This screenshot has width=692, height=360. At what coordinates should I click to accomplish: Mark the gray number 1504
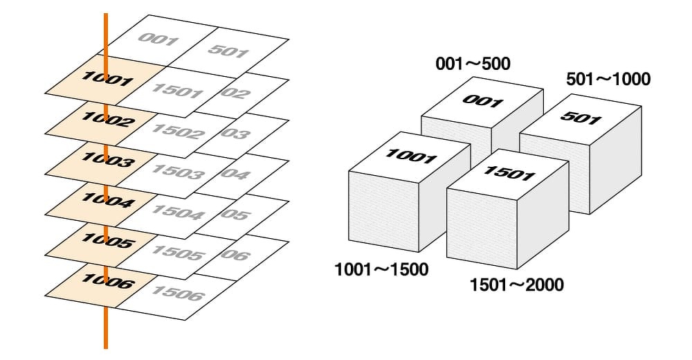point(176,212)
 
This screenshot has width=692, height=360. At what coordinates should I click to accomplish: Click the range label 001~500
point(473,64)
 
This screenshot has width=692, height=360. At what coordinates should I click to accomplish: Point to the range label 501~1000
point(608,79)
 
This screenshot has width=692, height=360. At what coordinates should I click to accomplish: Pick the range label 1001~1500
point(381,269)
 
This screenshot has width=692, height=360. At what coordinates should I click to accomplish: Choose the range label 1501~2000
point(516,284)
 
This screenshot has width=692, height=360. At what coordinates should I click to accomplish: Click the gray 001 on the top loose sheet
point(158,39)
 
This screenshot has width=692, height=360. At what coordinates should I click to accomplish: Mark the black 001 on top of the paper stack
point(482,101)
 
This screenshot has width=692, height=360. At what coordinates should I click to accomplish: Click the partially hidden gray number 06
point(236,255)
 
